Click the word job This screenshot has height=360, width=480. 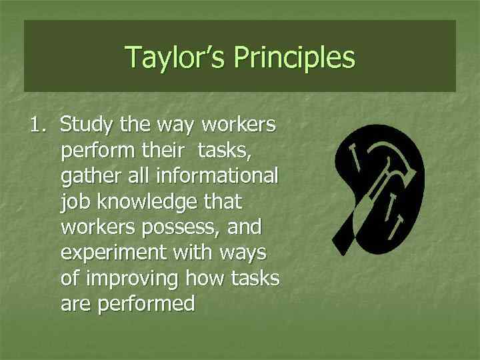[x=73, y=202]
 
